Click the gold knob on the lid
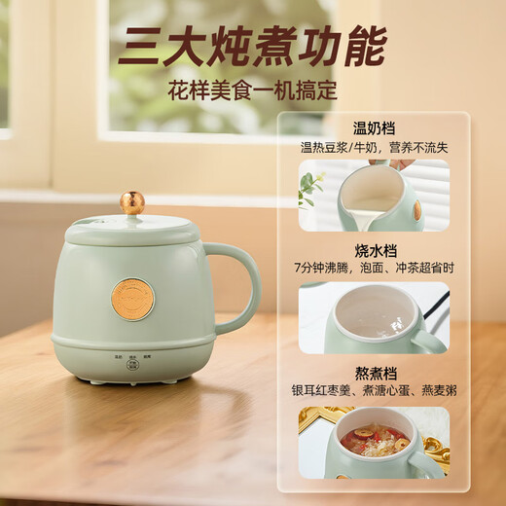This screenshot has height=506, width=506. click(x=132, y=202)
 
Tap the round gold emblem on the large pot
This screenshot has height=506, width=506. click(x=132, y=299)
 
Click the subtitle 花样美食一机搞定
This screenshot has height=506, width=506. click(x=252, y=92)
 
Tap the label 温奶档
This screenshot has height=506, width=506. click(x=374, y=128)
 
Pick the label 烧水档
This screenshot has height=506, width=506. click(x=374, y=248)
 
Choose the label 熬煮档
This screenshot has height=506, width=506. click(x=374, y=371)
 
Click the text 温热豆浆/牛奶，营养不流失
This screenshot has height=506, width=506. click(x=374, y=147)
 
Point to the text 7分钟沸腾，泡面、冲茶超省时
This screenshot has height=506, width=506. click(x=374, y=268)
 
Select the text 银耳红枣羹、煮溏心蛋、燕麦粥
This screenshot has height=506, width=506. click(x=374, y=390)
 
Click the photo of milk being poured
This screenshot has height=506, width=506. click(x=374, y=195)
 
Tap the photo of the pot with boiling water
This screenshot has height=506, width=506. click(x=374, y=317)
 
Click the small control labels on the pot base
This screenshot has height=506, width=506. click(x=132, y=357)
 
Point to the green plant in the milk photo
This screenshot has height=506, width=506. click(x=311, y=186)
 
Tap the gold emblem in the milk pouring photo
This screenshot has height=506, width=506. click(x=417, y=210)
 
